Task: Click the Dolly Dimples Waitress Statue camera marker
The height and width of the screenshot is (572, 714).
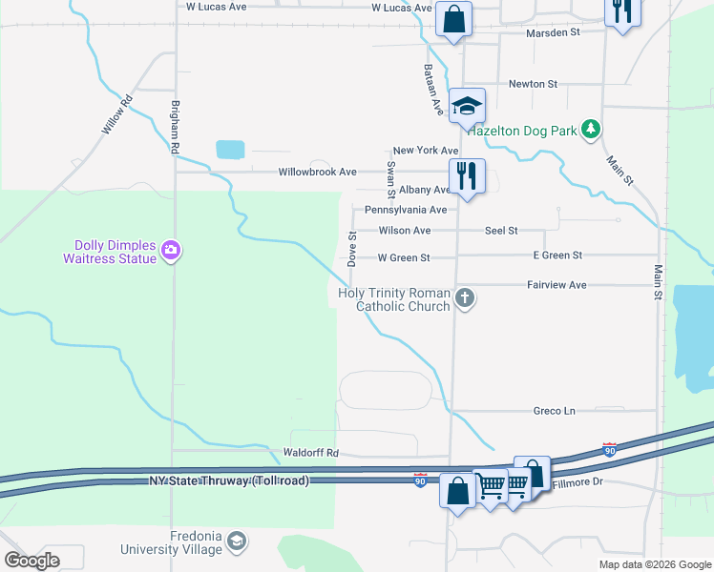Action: pos(172,250)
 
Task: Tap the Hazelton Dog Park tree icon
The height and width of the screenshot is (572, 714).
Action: pos(592,129)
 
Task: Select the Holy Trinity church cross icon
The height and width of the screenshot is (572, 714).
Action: pos(465,298)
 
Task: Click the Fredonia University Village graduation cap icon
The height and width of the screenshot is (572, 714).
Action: pos(236,542)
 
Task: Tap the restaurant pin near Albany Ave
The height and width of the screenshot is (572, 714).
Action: pos(466,176)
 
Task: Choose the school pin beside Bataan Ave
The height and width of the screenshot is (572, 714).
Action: pos(466,107)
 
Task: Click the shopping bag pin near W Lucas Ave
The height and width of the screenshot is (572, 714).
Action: pos(453,19)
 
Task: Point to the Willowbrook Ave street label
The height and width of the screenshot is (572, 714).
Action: pos(317,173)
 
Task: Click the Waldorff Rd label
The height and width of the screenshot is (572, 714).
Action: pos(311,453)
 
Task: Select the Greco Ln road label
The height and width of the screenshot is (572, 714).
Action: pos(555,411)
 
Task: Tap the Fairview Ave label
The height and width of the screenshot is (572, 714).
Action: pos(556,285)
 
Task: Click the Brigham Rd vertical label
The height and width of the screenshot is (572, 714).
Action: pos(175,127)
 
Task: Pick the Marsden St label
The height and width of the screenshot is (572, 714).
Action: pos(554,32)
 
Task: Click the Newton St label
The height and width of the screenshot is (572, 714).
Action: pos(533,84)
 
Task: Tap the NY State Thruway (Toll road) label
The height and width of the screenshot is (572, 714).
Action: pos(229,481)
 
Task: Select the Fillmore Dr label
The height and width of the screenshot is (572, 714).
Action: pos(578,483)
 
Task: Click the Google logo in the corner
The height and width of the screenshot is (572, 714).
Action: pos(31,561)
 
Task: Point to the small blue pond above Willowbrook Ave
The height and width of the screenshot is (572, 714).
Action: pos(230,149)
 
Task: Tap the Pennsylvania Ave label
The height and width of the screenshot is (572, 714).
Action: pos(406,210)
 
